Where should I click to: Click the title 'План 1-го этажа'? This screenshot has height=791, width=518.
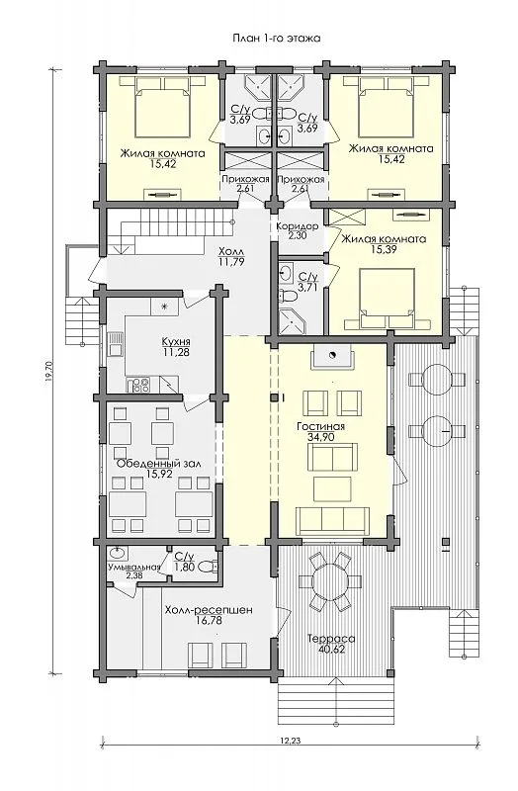[277, 38]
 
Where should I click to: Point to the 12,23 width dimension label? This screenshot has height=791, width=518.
[290, 741]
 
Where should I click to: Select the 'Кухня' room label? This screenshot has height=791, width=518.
[176, 341]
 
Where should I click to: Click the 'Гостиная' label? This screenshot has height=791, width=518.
[321, 427]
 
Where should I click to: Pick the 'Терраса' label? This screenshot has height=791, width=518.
[331, 639]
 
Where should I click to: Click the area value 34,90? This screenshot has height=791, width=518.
[321, 437]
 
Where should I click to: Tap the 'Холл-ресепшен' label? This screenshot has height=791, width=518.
[209, 610]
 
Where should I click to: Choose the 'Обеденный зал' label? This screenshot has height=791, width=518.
[159, 463]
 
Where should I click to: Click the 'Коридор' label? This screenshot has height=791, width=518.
[298, 226]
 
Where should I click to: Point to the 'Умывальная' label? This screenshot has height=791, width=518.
[133, 567]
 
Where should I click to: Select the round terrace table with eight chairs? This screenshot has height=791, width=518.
[330, 581]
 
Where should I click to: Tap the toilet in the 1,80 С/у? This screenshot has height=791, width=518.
[209, 567]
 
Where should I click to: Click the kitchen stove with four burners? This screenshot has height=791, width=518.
[138, 385]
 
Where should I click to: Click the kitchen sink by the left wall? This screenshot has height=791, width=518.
[116, 343]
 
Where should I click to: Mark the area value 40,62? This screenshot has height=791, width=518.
[332, 650]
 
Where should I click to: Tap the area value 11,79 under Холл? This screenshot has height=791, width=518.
[231, 261]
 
